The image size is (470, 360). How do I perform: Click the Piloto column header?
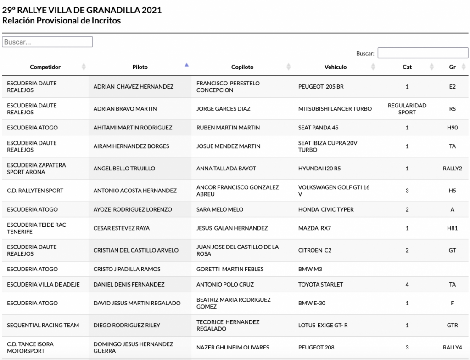[140, 67]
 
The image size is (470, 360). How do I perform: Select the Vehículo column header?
[336, 67]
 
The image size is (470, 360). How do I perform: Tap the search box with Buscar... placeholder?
[47, 42]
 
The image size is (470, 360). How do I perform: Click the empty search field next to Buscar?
[423, 53]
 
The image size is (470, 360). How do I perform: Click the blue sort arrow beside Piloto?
[186, 65]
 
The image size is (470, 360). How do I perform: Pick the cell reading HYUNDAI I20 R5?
[319, 169]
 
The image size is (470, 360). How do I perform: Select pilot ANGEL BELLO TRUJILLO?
[125, 169]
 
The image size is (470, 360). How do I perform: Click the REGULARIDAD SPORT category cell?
[407, 109]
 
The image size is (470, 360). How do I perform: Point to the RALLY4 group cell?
[452, 348]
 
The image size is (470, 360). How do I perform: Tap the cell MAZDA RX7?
[314, 228]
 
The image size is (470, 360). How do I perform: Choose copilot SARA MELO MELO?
[220, 209]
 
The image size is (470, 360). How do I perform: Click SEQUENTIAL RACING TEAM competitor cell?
[43, 326]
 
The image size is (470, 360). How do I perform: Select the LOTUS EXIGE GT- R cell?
[323, 326]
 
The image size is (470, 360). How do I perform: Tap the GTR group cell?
[452, 326]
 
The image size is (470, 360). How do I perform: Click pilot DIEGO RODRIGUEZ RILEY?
[127, 326]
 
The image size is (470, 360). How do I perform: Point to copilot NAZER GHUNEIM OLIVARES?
[233, 348]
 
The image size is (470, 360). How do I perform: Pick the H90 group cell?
[452, 128]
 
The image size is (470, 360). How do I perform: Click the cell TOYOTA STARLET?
[320, 285]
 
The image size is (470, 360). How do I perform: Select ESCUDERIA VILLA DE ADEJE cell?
[43, 285]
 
